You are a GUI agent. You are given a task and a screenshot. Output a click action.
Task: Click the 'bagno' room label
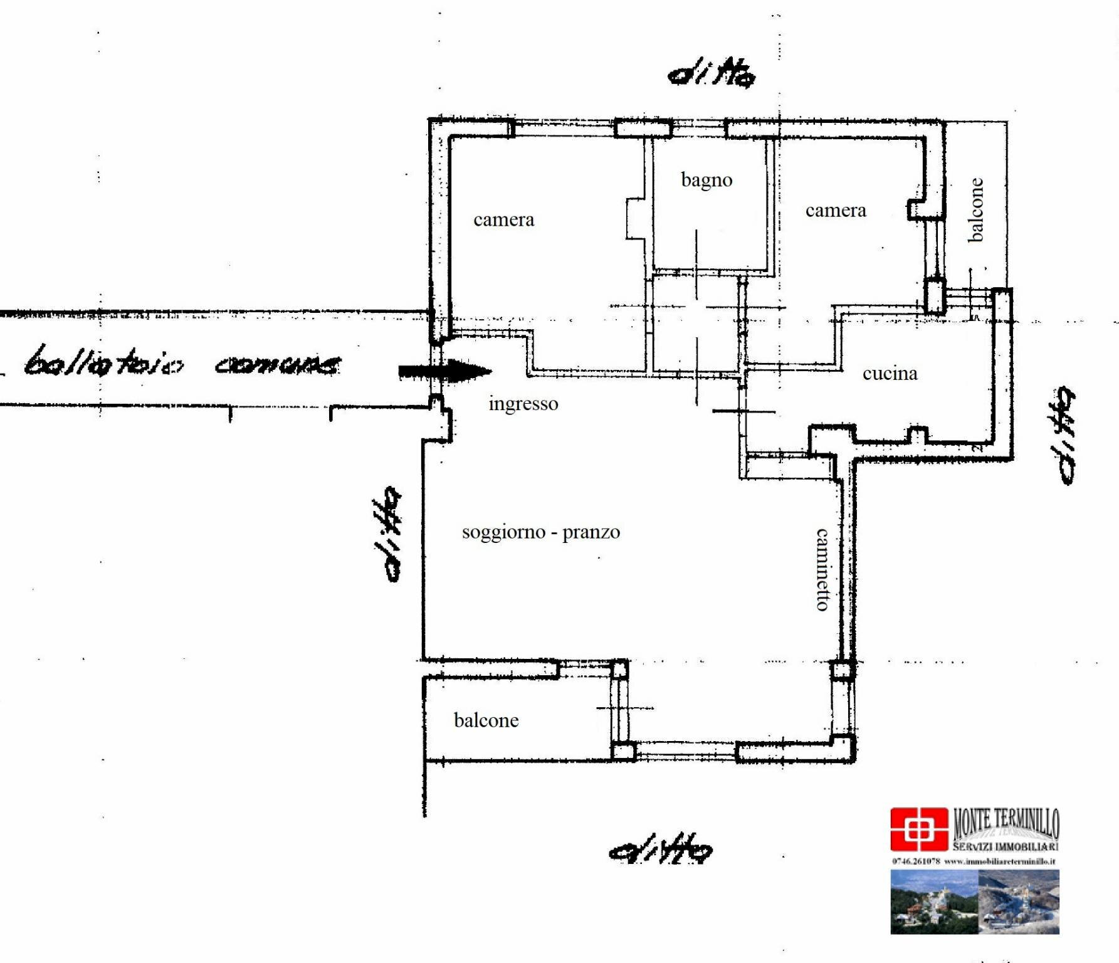(707, 181)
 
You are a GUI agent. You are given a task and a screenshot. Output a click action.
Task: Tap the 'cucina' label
(890, 374)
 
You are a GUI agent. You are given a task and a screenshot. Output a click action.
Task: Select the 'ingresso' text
(523, 404)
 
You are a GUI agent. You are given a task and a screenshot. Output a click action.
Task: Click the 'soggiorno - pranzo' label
(540, 532)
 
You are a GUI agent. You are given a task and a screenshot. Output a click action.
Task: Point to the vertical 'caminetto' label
(822, 569)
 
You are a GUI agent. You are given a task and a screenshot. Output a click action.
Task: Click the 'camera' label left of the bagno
(503, 220)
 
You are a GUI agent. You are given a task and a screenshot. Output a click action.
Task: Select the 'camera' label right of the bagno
(835, 211)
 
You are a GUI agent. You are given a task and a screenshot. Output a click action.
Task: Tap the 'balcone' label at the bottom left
(486, 720)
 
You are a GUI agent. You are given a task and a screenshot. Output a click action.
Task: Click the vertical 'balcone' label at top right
(975, 210)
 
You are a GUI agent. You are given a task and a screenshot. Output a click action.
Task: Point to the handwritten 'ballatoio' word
(104, 362)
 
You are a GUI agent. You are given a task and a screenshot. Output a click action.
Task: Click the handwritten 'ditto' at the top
(712, 74)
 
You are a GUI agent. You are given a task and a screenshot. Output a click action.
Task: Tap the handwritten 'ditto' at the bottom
(661, 850)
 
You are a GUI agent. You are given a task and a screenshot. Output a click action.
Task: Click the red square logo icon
(918, 829)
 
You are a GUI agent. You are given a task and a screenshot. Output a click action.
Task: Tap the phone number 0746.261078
(916, 861)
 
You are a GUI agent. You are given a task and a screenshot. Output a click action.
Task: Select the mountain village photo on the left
(934, 902)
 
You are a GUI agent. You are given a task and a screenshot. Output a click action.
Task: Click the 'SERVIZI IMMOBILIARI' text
(1006, 846)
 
